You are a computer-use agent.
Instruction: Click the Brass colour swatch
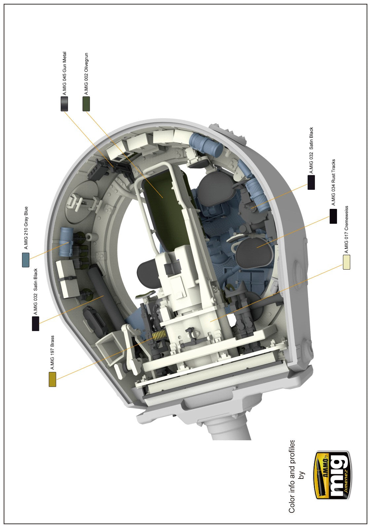(x=52, y=379)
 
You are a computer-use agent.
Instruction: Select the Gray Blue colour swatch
(x=26, y=260)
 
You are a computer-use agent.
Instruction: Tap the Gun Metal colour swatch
(x=64, y=104)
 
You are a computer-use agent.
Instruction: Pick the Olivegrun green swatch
(x=86, y=104)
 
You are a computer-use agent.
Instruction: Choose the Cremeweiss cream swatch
(x=347, y=262)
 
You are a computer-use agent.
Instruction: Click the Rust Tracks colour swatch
(x=333, y=216)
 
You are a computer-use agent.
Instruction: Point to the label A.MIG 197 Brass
(x=52, y=352)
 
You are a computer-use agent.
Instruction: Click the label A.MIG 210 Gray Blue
(x=26, y=228)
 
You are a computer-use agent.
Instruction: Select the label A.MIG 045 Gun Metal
(x=64, y=74)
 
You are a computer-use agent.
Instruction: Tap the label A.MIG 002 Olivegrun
(x=86, y=74)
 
